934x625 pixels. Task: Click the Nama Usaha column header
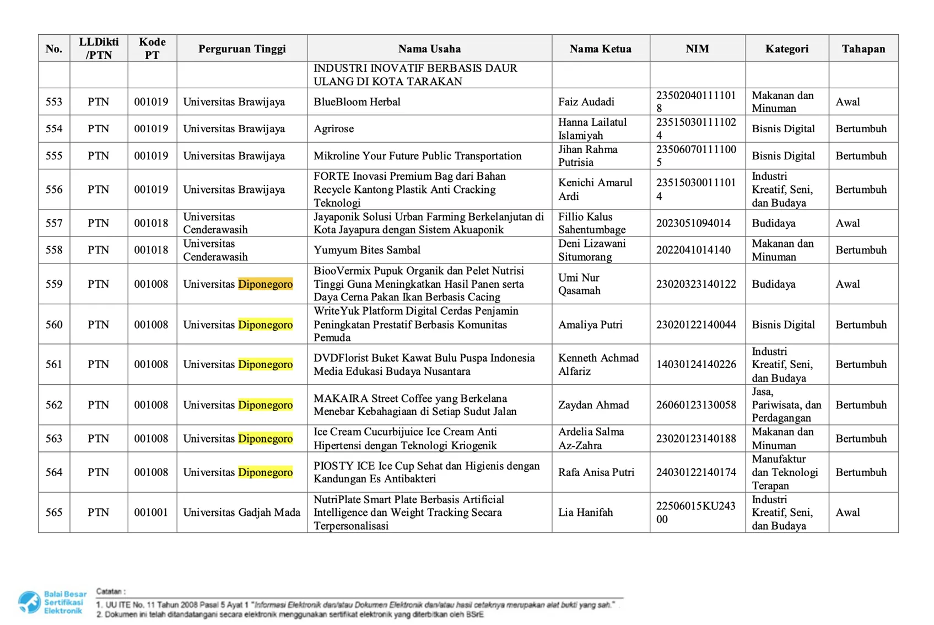[429, 49]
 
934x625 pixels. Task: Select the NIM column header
[697, 49]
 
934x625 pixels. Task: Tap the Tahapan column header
[863, 49]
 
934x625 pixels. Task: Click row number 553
[54, 102]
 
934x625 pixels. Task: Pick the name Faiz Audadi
[586, 102]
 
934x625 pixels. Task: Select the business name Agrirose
[333, 129]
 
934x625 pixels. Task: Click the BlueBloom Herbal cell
[357, 102]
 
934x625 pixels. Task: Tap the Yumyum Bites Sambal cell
[366, 250]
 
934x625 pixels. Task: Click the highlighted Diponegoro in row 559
[265, 284]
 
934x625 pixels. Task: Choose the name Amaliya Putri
[590, 325]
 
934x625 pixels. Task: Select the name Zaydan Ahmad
[593, 405]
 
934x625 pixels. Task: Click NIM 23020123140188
[695, 439]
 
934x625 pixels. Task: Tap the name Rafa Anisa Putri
[596, 472]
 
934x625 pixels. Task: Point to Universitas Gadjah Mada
[241, 513]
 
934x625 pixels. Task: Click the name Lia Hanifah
[585, 513]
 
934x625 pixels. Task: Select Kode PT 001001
[151, 513]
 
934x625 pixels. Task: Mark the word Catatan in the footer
[110, 591]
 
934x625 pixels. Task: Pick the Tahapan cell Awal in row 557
[847, 223]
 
